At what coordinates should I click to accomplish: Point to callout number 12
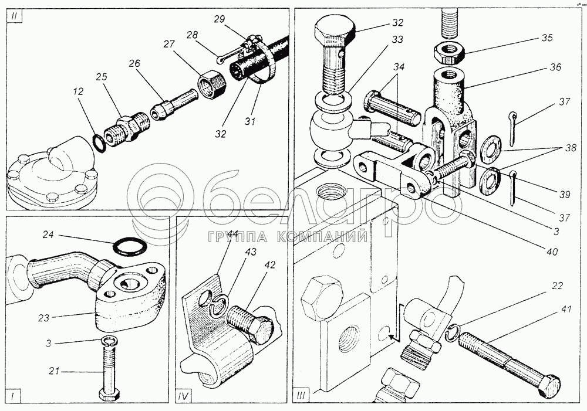tap(79, 91)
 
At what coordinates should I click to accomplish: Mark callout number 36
tap(555, 67)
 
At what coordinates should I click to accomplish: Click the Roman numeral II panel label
tap(14, 18)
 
